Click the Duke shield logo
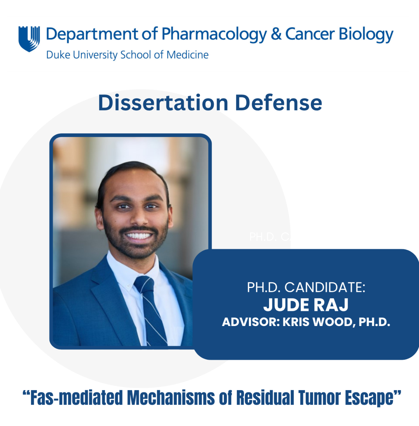(29, 39)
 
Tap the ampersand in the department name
(276, 34)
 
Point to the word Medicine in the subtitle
(188, 55)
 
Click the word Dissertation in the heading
(163, 102)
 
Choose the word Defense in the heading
(279, 102)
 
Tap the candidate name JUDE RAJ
(306, 305)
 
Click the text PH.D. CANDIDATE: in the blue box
(306, 287)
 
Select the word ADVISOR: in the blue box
(251, 322)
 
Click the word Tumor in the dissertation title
(319, 397)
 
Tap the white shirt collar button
(128, 287)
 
